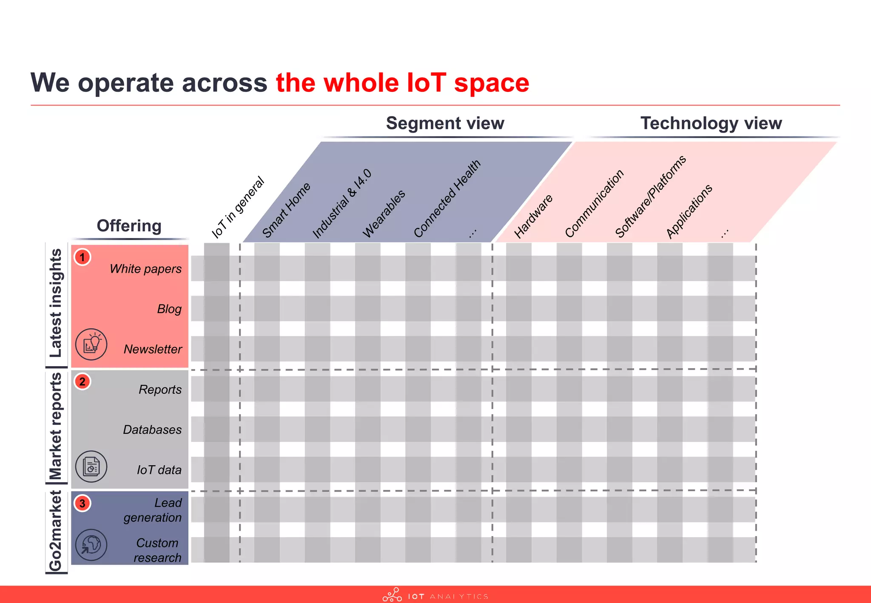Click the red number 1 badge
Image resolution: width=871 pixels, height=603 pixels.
83,257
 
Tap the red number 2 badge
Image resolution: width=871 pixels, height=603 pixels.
83,381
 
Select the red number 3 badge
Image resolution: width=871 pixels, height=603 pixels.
83,503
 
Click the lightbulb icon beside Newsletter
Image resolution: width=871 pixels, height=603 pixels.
91,344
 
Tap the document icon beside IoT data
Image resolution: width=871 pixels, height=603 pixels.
91,466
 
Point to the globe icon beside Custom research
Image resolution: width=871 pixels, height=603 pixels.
91,545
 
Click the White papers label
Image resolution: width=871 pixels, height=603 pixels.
145,269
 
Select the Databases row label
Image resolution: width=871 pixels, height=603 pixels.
152,430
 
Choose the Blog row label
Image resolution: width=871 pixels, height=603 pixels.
169,309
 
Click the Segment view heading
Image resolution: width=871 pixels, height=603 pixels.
445,123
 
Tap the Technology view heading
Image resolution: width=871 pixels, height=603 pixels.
711,123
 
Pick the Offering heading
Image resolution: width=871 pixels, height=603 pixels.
129,226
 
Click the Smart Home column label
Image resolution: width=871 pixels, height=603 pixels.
286,210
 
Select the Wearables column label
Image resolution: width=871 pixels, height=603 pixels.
384,214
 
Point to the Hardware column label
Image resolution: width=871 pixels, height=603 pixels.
533,216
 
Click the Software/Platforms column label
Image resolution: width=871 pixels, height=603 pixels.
650,196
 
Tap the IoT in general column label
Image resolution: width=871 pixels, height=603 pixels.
238,207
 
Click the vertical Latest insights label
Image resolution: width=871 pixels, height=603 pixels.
56,303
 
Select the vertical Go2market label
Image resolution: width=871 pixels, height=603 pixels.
56,531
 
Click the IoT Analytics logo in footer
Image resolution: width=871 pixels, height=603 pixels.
435,595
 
